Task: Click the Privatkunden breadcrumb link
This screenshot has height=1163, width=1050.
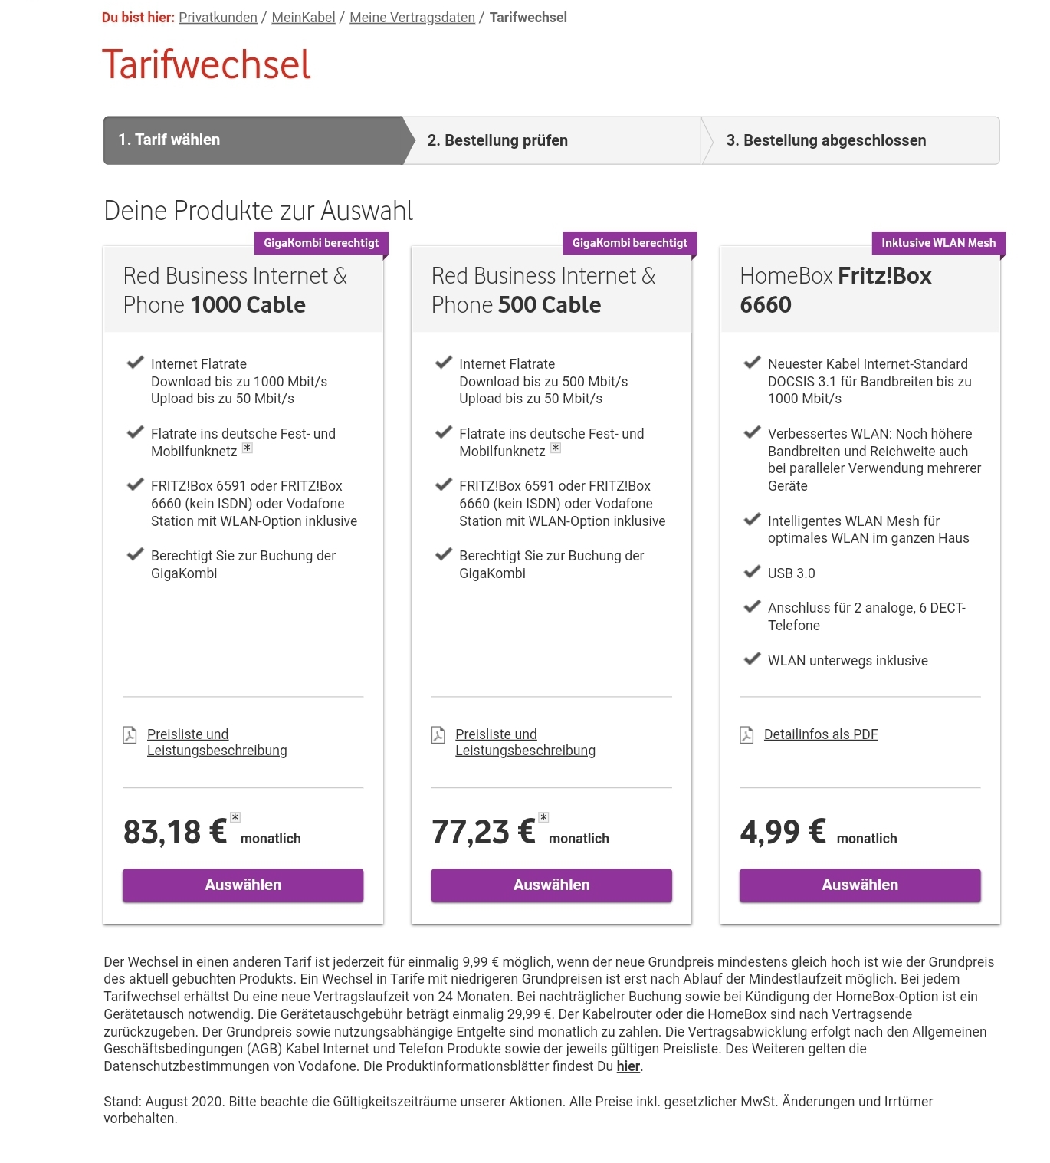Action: (218, 18)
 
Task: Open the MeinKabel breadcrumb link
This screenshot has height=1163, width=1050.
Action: (304, 18)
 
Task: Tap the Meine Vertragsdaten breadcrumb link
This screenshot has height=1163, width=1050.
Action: (412, 18)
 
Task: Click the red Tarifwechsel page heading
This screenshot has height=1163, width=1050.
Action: (206, 64)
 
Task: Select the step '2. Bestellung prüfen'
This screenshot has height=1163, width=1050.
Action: (497, 140)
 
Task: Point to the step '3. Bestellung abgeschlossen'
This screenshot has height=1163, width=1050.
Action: (825, 140)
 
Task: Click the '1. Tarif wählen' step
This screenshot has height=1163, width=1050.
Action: (169, 140)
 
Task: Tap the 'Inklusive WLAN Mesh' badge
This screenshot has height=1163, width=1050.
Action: (938, 243)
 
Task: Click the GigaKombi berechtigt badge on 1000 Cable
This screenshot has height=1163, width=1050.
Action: (321, 243)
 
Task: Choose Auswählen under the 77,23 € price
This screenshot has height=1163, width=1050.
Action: (551, 885)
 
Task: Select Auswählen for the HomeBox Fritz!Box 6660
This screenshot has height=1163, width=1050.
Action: (859, 885)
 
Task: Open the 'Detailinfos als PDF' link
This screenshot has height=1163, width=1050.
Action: (820, 734)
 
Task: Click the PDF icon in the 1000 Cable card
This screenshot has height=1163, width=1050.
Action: (130, 735)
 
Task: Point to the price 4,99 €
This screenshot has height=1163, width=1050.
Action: (783, 832)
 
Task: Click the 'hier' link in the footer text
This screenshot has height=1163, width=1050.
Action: (628, 1066)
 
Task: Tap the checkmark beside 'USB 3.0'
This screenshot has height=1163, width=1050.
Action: (752, 572)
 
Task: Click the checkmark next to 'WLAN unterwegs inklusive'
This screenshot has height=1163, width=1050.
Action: (752, 659)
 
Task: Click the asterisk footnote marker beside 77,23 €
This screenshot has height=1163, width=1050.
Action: (543, 817)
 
